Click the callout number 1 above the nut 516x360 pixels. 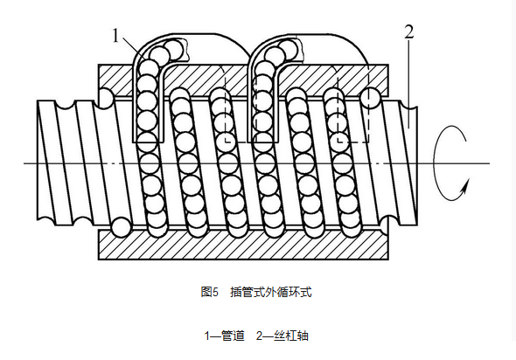click(115, 36)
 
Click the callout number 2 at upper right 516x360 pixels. click(408, 31)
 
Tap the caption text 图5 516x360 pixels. click(210, 292)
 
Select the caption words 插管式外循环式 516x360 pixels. click(270, 292)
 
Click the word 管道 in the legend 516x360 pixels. click(233, 336)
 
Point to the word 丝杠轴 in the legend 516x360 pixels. click(291, 336)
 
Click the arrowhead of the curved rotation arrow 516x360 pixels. click(465, 187)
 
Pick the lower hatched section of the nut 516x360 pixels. click(243, 245)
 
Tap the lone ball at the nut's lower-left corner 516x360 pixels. click(121, 227)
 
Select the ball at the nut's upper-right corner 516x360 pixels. click(371, 97)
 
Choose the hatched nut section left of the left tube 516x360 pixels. click(115, 76)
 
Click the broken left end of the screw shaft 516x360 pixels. click(38, 160)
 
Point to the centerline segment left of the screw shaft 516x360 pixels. click(30, 163)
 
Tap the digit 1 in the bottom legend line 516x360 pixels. click(207, 336)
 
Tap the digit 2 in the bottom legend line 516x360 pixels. click(260, 336)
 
